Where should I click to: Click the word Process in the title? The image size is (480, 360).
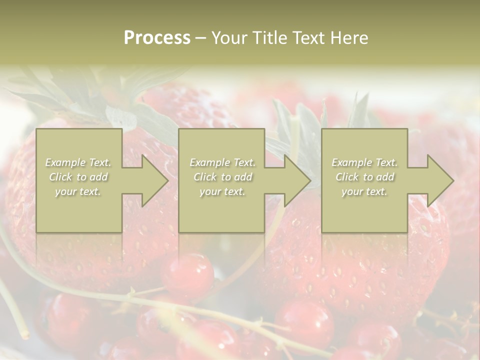(x=157, y=38)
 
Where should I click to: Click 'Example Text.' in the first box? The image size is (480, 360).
(x=78, y=162)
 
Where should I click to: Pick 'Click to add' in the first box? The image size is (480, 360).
(x=78, y=177)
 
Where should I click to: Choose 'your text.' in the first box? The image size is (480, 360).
(x=78, y=191)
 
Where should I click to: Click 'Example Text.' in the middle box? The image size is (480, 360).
(x=222, y=162)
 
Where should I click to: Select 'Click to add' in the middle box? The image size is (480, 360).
(x=222, y=177)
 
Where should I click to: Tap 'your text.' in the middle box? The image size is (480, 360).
(x=222, y=191)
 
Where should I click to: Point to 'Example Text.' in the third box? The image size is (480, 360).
(x=364, y=162)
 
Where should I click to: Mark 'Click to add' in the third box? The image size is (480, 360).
(x=364, y=177)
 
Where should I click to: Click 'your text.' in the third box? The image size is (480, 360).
(x=364, y=191)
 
